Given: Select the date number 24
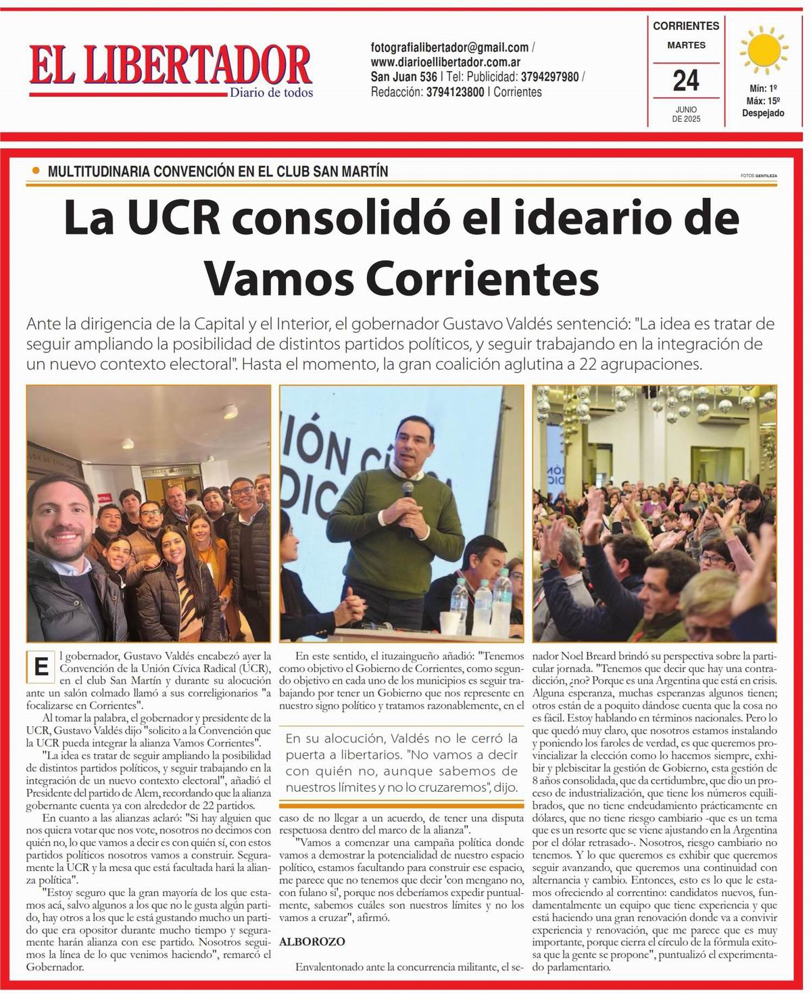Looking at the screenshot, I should [x=685, y=81].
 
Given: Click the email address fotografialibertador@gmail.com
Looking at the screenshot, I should [x=449, y=47].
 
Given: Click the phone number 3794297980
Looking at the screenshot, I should [x=549, y=77].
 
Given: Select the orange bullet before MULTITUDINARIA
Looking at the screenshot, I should [x=36, y=171].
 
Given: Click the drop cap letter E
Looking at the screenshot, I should [x=40, y=667].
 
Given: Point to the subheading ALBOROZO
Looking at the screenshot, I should [x=312, y=941].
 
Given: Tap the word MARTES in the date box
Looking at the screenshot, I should [x=686, y=45].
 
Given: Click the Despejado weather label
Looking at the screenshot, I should [x=763, y=113].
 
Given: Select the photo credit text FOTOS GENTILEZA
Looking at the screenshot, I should [x=758, y=176].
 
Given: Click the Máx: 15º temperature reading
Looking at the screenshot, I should [x=762, y=101].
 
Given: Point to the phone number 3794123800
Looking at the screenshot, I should [x=455, y=92].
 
